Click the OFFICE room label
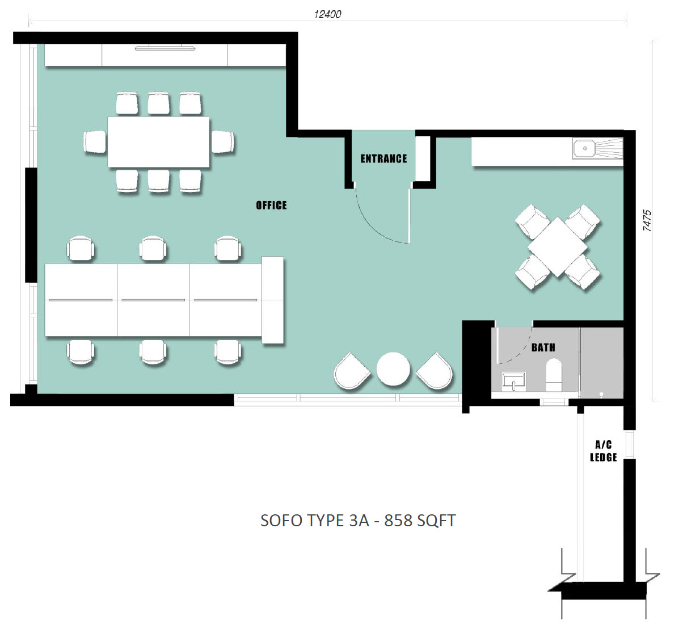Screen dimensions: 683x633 (271, 205)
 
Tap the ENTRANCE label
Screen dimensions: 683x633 (383, 159)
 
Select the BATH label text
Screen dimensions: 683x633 (543, 347)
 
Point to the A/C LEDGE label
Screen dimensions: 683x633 (603, 451)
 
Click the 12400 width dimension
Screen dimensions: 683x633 (327, 14)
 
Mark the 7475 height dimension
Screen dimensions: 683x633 (647, 220)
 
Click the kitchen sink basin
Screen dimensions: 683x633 (584, 148)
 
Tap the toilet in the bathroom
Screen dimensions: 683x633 (554, 375)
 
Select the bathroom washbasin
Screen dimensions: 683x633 (514, 382)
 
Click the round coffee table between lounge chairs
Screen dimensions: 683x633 (393, 369)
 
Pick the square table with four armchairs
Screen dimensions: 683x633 (558, 247)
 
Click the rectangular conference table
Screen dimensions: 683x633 (158, 142)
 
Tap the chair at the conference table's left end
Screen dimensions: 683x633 (95, 141)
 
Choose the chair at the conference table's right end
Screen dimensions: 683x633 (223, 141)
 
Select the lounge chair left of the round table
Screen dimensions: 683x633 (352, 371)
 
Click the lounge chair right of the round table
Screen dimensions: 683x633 (435, 371)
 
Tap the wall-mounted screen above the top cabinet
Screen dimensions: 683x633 (165, 48)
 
